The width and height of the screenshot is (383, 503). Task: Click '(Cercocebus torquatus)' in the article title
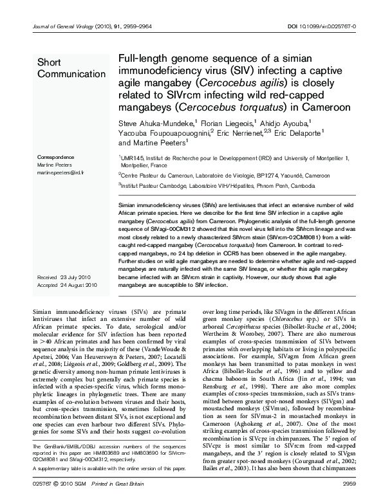coord(220,107)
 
